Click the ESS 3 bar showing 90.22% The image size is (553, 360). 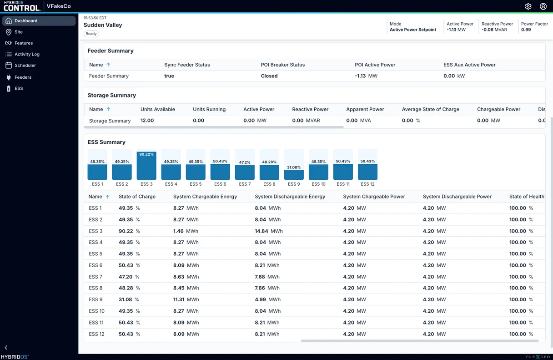tap(146, 166)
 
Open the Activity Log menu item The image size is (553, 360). tap(27, 54)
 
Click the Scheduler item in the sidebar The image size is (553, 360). tap(25, 65)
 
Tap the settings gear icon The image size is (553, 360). tap(528, 6)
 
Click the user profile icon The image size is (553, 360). tap(543, 6)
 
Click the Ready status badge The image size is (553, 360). tap(91, 34)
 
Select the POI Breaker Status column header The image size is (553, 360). tap(283, 65)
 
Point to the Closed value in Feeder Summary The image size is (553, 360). tap(269, 76)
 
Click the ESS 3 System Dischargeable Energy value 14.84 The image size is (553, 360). tap(261, 231)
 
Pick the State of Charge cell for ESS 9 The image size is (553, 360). tap(129, 299)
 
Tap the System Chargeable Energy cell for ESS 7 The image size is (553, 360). tap(186, 277)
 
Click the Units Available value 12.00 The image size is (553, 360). tap(147, 120)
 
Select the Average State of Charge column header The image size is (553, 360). tap(431, 109)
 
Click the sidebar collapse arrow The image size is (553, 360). tap(6, 347)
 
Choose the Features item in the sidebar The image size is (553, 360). tap(24, 43)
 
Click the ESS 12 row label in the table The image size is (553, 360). tap(96, 334)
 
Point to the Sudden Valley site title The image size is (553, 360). tap(103, 25)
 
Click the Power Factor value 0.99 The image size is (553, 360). tap(526, 30)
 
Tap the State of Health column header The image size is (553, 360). tap(527, 197)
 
